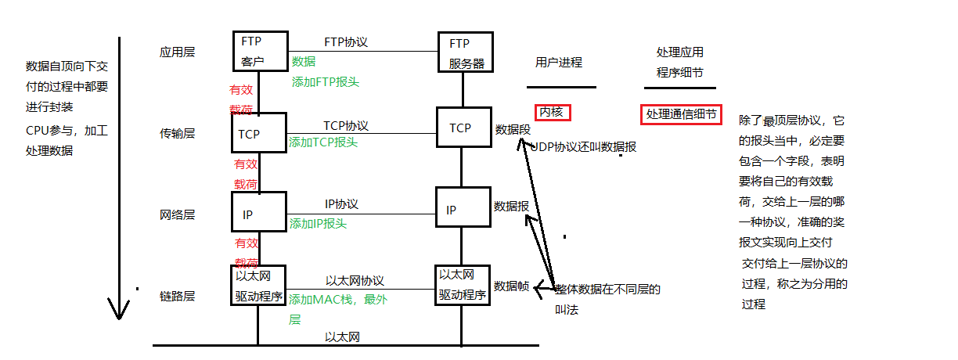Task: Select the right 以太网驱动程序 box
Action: tap(463, 285)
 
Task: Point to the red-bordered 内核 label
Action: tap(551, 113)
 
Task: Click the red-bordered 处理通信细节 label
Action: tap(681, 114)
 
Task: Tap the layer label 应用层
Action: tap(177, 52)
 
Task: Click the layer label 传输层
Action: tap(177, 134)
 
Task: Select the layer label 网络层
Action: tap(177, 214)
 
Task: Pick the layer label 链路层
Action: tap(177, 296)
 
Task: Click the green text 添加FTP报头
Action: tap(325, 81)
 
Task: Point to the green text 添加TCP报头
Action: tap(323, 142)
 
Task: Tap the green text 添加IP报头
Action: tap(318, 224)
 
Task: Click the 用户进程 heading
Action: tap(559, 63)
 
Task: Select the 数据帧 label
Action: tap(512, 286)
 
